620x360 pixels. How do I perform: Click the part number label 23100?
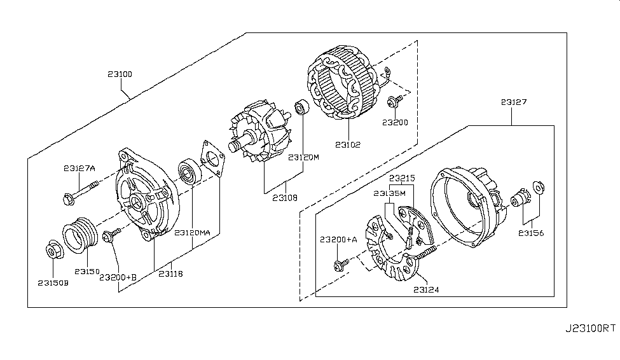[x=120, y=74]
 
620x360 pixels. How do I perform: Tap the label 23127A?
[x=79, y=169]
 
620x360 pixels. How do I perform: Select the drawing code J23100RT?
[x=590, y=328]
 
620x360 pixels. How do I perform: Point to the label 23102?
[x=348, y=145]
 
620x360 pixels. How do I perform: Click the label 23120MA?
[x=192, y=233]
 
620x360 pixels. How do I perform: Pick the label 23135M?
[x=389, y=193]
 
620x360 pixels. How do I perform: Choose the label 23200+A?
[x=338, y=239]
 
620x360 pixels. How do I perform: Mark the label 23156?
[x=531, y=233]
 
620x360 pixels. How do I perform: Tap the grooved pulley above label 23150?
[x=80, y=235]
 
